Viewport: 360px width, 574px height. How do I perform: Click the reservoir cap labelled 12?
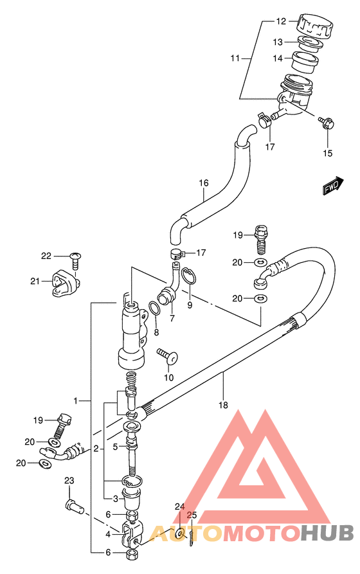tap(315, 26)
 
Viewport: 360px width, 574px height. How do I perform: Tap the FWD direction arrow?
tap(333, 186)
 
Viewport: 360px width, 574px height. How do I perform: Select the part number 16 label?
tap(204, 183)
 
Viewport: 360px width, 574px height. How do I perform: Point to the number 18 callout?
tap(223, 405)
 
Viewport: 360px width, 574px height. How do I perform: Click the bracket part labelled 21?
tap(65, 283)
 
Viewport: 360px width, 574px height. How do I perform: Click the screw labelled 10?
tap(167, 356)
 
